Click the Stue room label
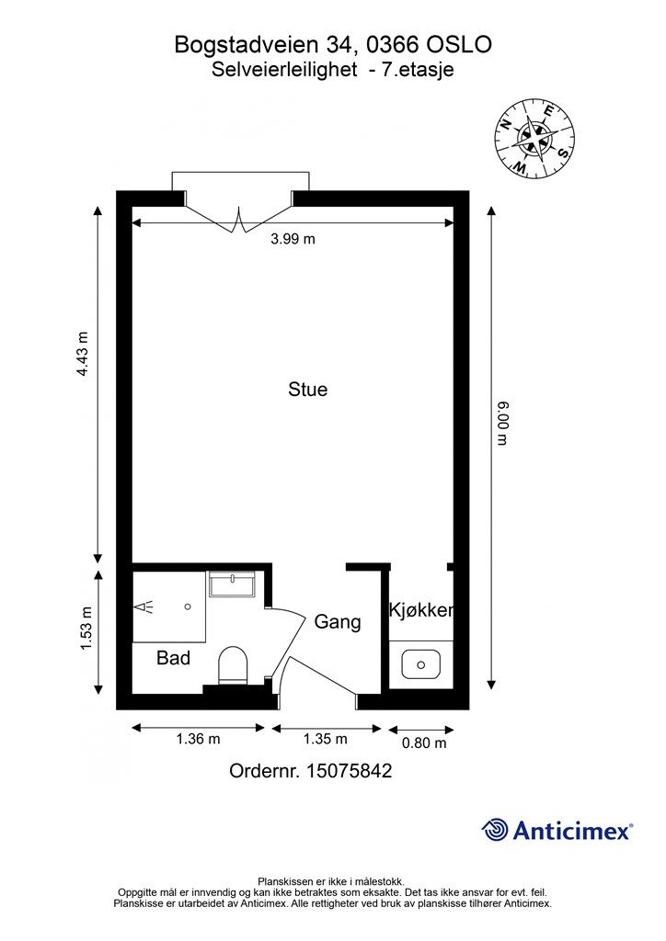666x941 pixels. [x=307, y=389]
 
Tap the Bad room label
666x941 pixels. [x=173, y=658]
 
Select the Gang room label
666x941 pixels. [x=338, y=622]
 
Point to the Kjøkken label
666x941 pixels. [x=421, y=610]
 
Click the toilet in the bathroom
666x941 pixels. [x=233, y=665]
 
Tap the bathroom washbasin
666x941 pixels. [x=232, y=584]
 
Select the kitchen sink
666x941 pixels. [x=421, y=664]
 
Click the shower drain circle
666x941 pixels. [x=188, y=607]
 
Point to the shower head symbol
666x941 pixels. [x=144, y=607]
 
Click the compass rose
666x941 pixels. [x=534, y=139]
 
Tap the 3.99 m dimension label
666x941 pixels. [x=293, y=239]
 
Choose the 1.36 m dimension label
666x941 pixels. [x=198, y=739]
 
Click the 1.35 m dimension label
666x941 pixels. [x=325, y=739]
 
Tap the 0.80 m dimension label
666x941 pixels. [x=424, y=743]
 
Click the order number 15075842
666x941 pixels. [x=349, y=771]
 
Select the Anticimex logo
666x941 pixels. [x=557, y=831]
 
